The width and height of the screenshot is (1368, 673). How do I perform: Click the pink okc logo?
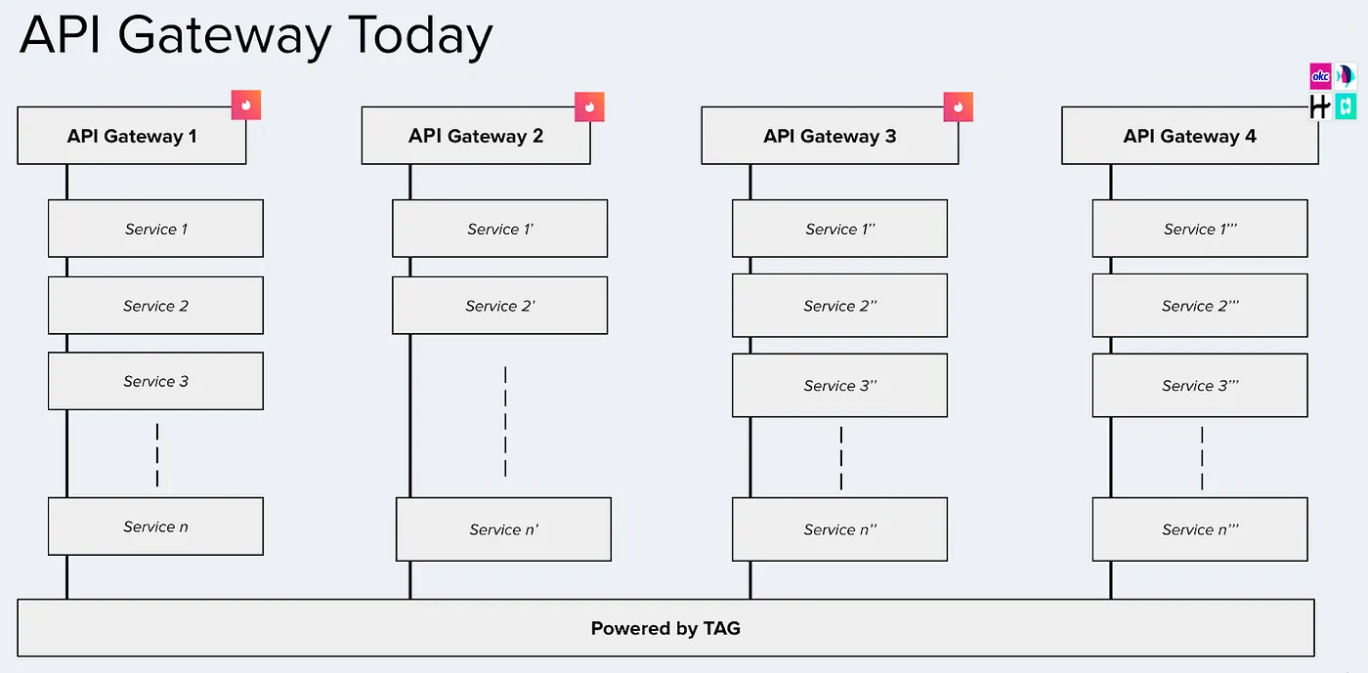point(1320,76)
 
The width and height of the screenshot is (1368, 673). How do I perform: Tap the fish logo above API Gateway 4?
point(1346,76)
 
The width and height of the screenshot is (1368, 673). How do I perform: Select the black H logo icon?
point(1320,106)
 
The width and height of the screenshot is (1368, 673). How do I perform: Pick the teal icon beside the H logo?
point(1346,106)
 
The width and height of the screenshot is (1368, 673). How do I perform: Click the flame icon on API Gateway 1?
point(246,105)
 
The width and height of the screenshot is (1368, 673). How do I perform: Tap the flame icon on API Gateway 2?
point(589,106)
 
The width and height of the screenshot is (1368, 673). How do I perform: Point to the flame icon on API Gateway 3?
point(958,106)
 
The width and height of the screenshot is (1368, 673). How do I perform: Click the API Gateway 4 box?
point(1189,136)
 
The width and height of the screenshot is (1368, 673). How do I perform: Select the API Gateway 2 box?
point(475,136)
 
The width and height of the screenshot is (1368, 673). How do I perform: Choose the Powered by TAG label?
point(665,628)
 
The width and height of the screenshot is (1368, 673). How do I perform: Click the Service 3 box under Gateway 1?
point(155,381)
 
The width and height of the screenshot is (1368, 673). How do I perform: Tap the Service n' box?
point(503,529)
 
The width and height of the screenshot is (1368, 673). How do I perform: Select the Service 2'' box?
point(839,306)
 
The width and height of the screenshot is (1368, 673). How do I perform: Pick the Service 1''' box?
point(1199,229)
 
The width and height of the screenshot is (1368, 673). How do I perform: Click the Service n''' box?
point(1199,529)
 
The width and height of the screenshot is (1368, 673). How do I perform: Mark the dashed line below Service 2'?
point(505,421)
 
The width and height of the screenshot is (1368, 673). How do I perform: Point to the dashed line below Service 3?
point(156,455)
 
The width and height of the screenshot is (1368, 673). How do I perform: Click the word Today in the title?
point(420,36)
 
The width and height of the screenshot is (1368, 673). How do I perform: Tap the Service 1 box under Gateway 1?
point(155,229)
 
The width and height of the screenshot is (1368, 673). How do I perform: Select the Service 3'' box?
point(839,385)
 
